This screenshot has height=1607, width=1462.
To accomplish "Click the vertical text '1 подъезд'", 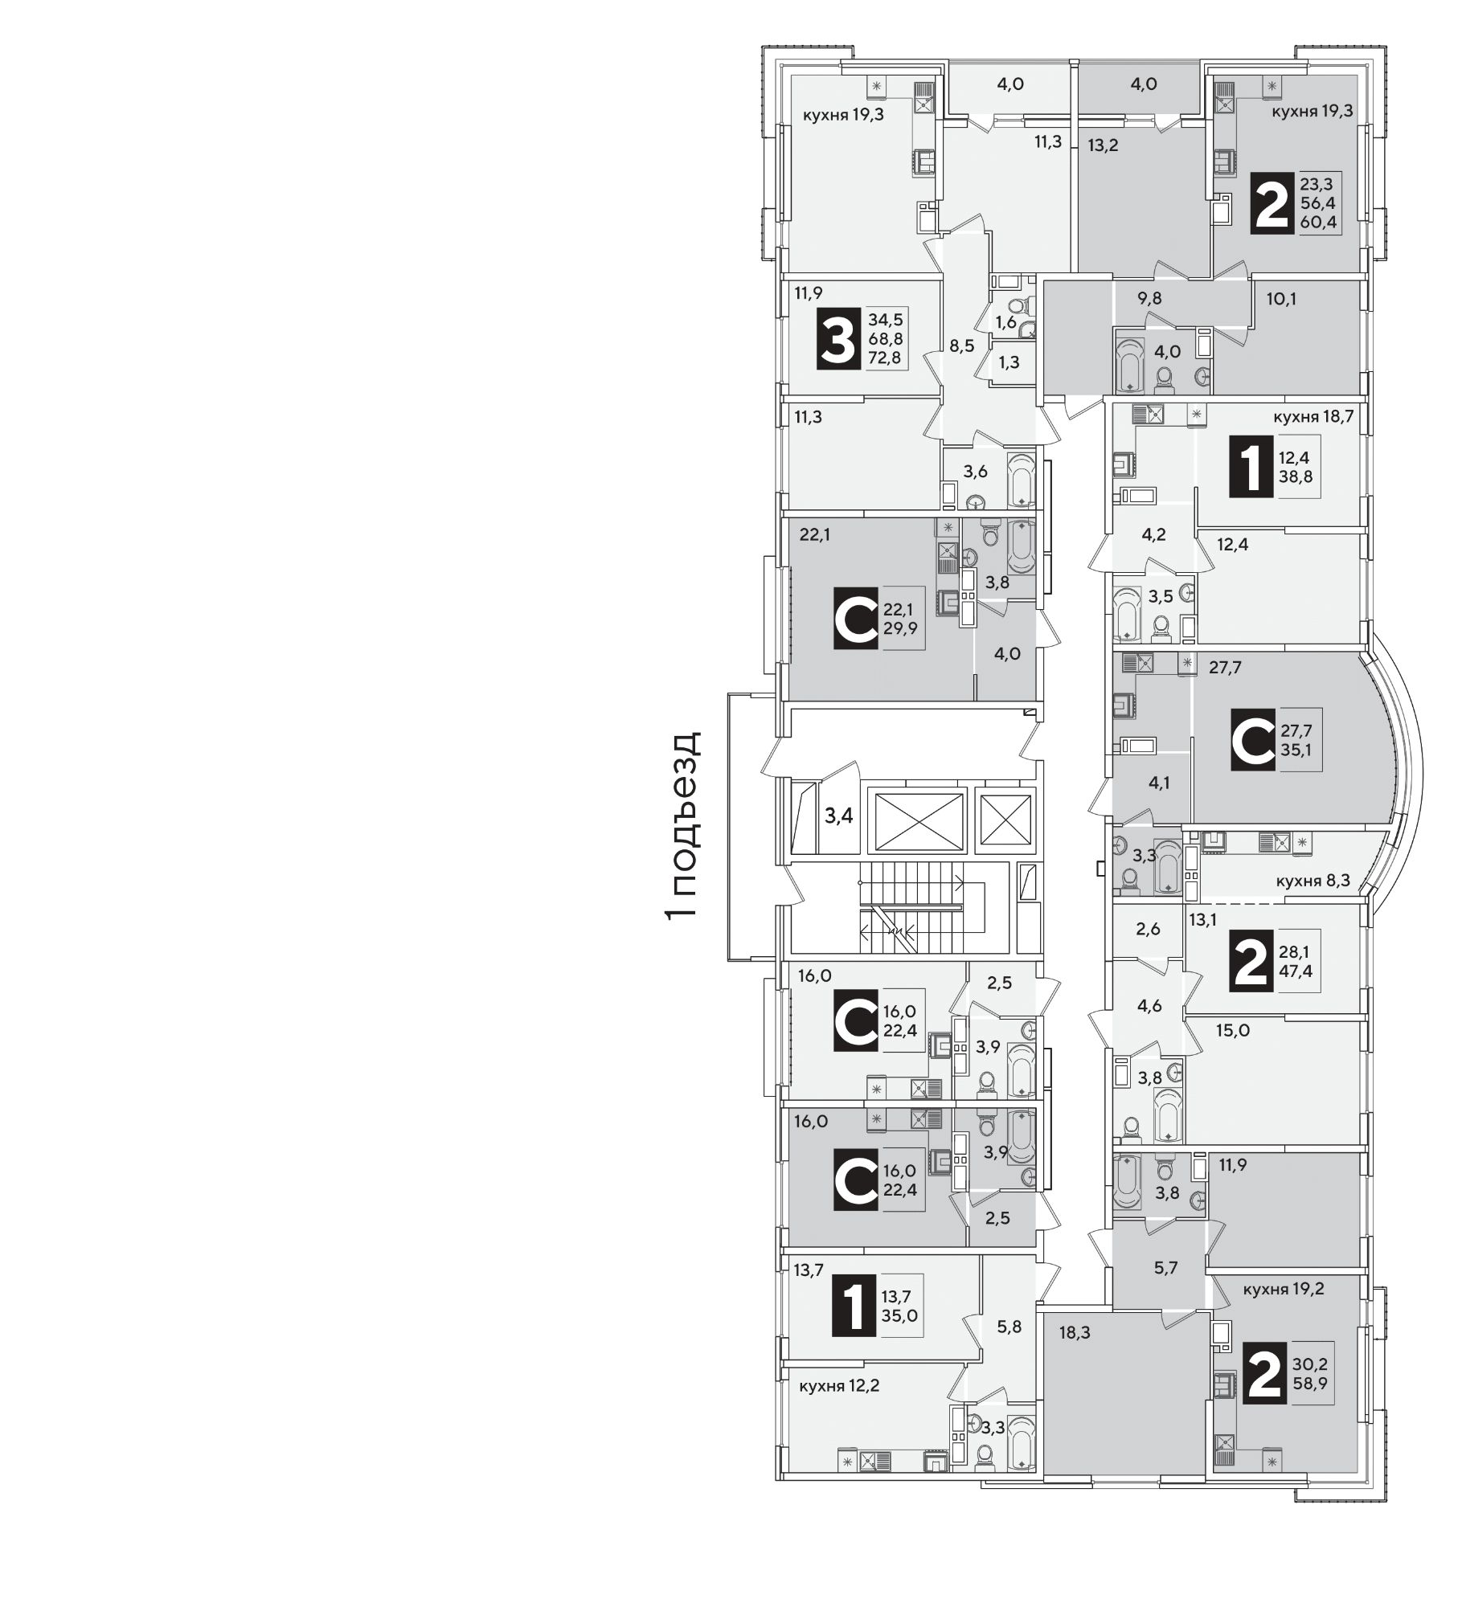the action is click(x=684, y=827).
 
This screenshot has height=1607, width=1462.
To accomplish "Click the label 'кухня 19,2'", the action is click(x=1284, y=1290).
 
